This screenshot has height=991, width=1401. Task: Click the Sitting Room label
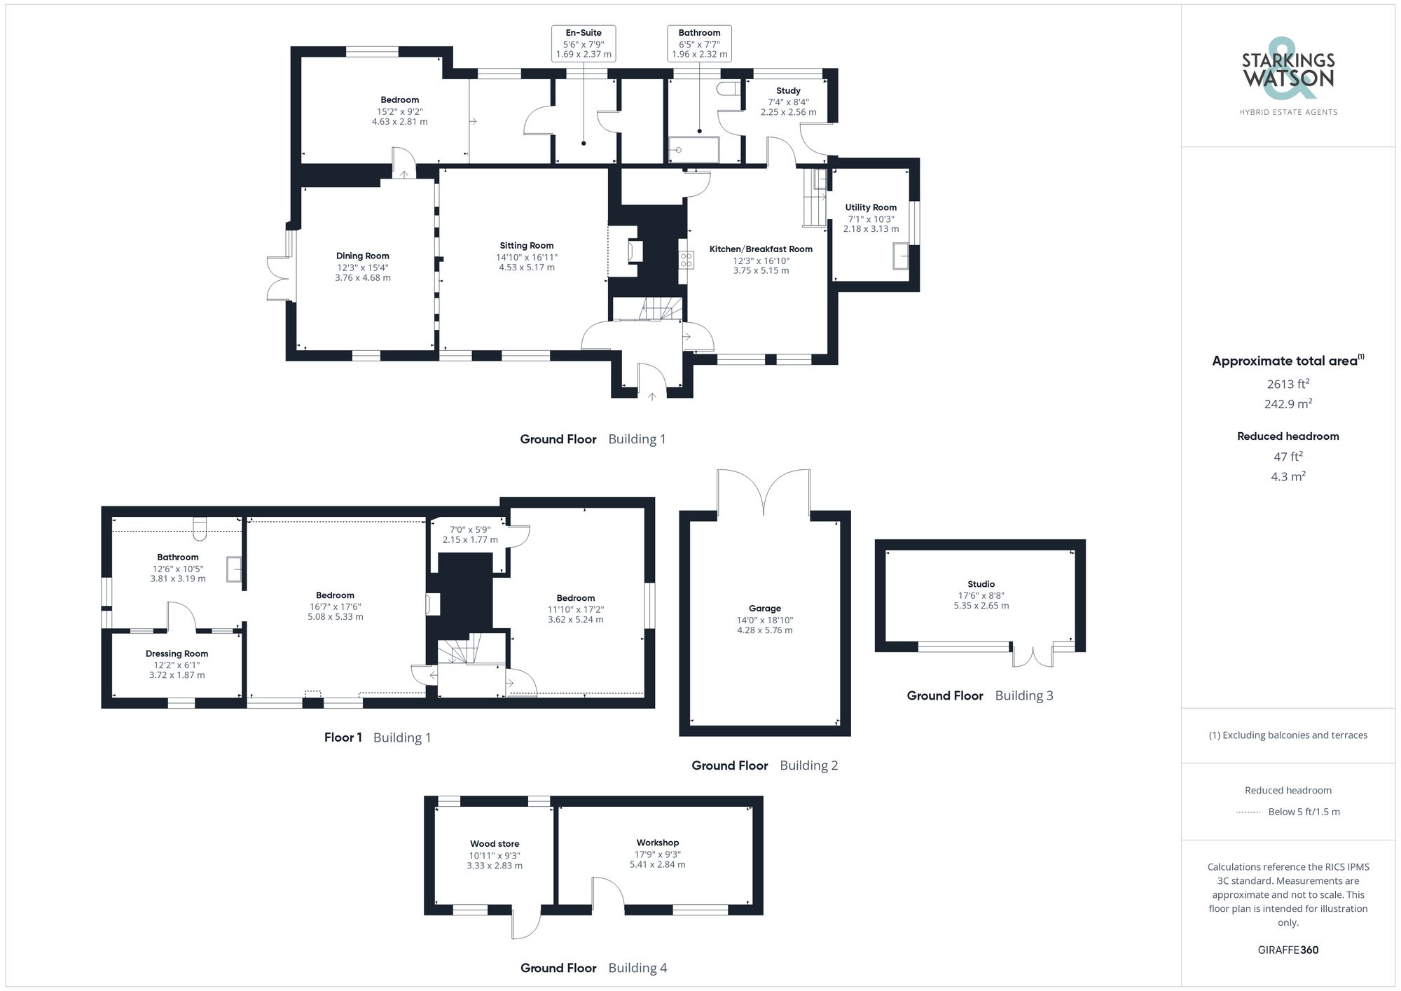coord(526,246)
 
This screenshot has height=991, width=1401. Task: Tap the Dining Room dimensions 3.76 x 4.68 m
coord(362,278)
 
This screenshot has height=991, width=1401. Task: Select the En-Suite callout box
coord(584,43)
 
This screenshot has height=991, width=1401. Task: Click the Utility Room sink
coord(900,256)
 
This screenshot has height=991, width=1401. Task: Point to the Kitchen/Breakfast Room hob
coord(686,260)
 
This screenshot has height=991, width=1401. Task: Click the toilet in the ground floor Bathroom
coord(729,89)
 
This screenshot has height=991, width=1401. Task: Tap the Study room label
coord(788,91)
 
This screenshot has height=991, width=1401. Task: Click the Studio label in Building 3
coord(981,584)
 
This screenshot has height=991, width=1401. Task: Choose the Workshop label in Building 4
coord(657,843)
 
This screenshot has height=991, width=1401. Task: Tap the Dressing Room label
coord(177,653)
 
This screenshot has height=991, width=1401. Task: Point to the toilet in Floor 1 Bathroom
coord(200,529)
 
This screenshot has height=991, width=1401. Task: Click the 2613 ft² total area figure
coord(1288,384)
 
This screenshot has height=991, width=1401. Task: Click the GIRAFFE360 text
coord(1288,950)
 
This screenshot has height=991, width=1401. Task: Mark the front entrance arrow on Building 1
coord(652,396)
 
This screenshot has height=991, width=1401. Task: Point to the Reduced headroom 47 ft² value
coord(1288,457)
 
